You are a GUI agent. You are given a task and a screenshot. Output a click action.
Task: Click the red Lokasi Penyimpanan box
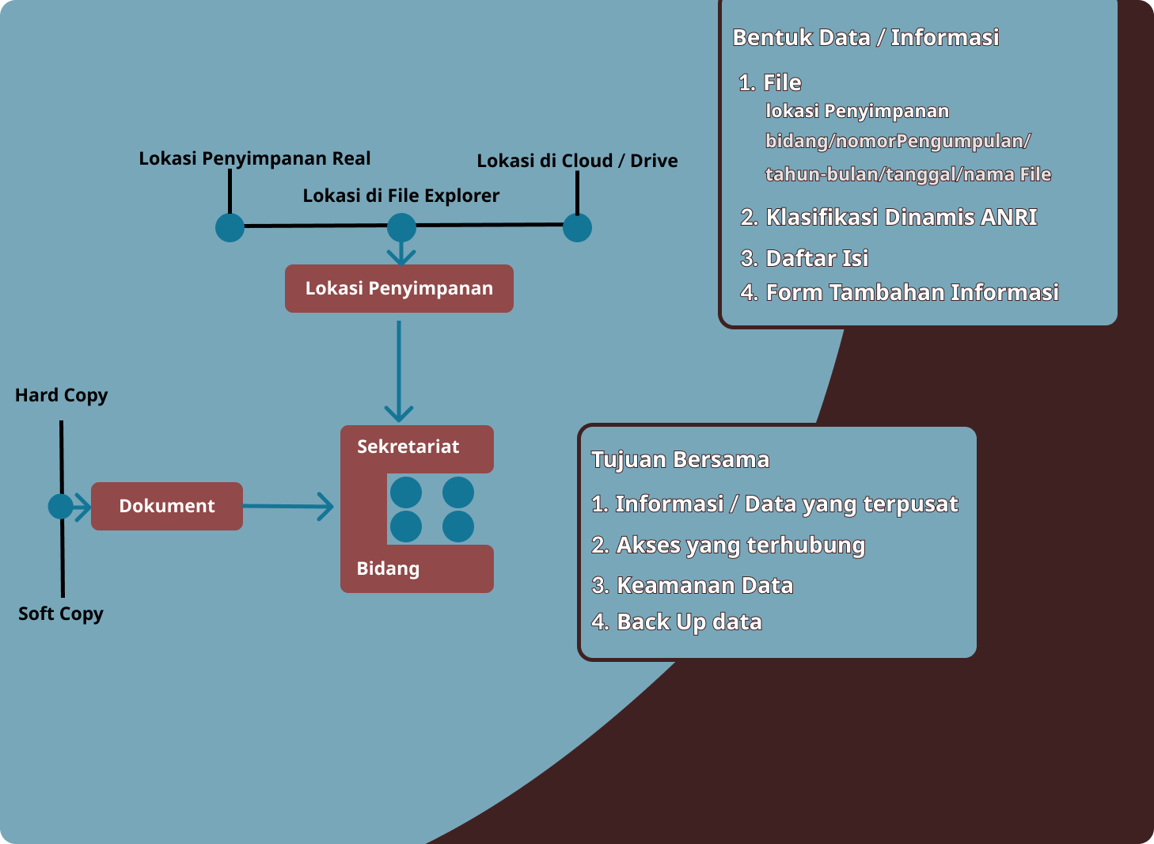(x=399, y=288)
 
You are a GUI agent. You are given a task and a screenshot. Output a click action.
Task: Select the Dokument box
(x=167, y=506)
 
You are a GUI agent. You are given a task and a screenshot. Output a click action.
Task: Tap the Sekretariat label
(x=408, y=447)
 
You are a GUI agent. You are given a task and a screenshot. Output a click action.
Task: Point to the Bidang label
(x=388, y=568)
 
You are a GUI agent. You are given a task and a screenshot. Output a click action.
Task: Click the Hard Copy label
(x=61, y=395)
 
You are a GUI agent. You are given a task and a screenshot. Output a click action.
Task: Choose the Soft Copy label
(x=61, y=614)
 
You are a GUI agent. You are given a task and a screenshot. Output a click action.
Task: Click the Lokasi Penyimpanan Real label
(x=254, y=158)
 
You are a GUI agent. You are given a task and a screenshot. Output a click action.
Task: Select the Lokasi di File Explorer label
(x=400, y=196)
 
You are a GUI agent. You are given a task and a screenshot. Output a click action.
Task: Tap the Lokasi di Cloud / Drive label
(x=577, y=161)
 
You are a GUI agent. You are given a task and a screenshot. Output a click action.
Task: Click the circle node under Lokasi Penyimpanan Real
(x=230, y=227)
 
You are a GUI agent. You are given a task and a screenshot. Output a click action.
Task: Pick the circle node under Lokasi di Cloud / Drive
(x=577, y=228)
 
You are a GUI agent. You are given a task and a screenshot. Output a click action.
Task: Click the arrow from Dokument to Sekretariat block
(x=288, y=507)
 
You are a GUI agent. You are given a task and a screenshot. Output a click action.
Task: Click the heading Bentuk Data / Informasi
(x=865, y=37)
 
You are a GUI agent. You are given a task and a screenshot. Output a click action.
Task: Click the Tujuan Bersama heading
(x=680, y=460)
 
